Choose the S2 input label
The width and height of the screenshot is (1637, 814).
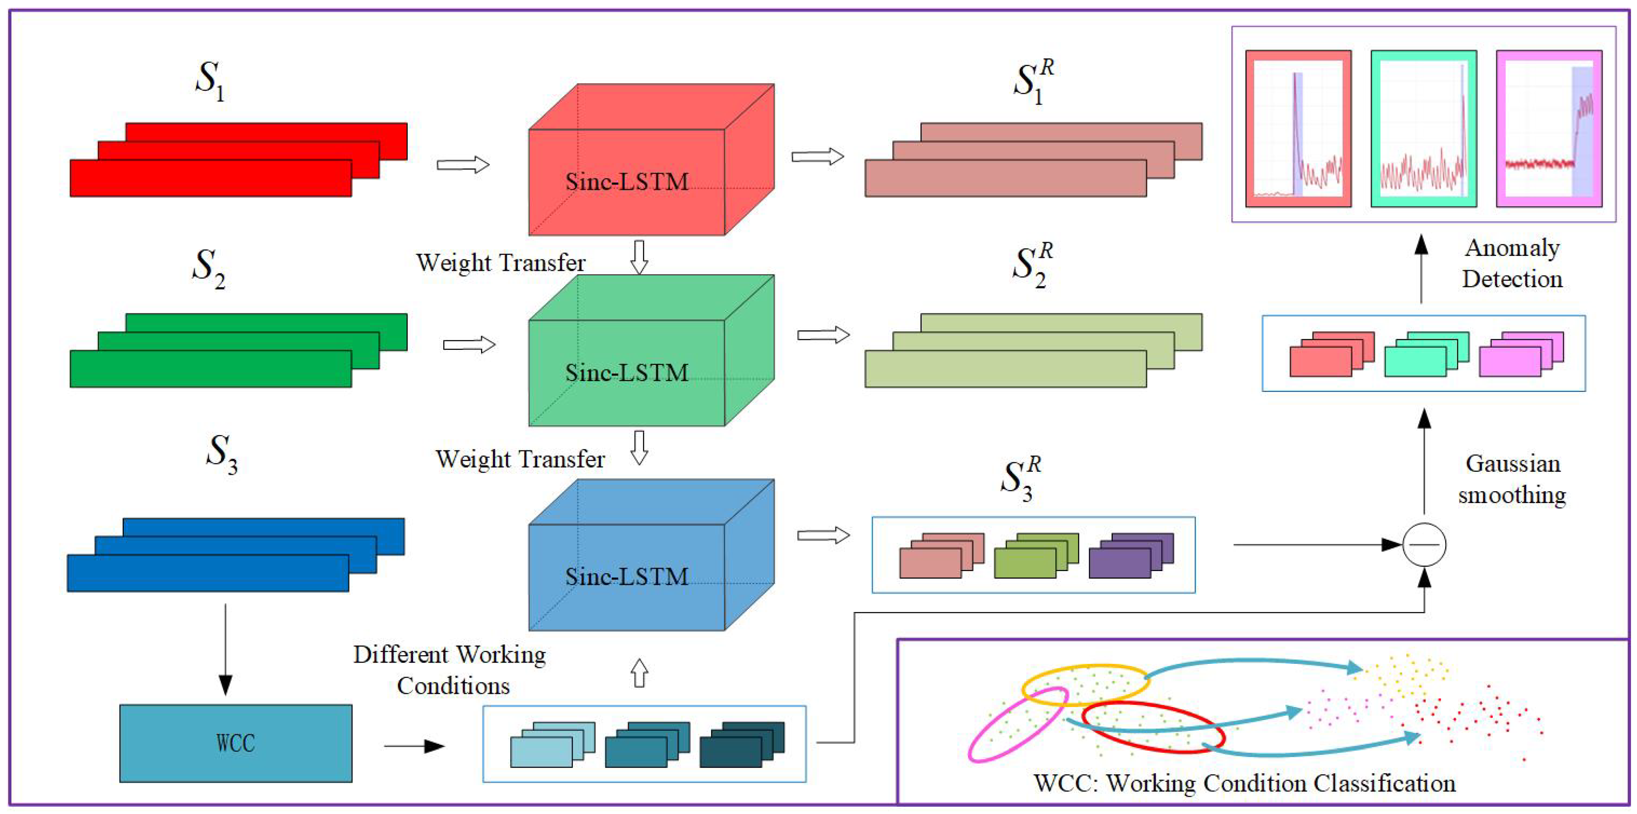(208, 267)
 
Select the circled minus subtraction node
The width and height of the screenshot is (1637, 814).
(1424, 545)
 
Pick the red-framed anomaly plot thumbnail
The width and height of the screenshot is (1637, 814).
(1298, 129)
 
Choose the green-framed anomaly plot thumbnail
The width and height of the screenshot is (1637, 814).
(1423, 129)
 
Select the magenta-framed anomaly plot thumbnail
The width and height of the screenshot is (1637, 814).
(1549, 129)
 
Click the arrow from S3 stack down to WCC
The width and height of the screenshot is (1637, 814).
(225, 648)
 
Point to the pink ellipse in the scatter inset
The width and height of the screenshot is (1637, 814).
(1017, 724)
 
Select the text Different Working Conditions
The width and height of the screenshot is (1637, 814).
(450, 670)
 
